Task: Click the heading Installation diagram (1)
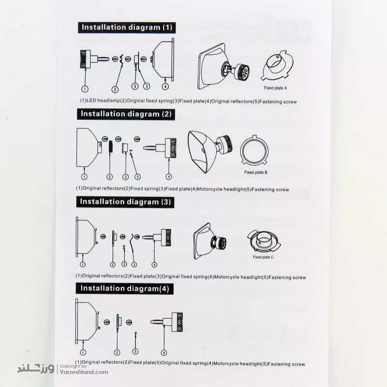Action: coord(127,28)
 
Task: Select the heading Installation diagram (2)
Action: coord(126,114)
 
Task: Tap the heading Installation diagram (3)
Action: coord(125,202)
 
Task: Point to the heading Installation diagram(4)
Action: coord(125,288)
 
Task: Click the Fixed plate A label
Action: coord(275,88)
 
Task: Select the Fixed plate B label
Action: coord(256,172)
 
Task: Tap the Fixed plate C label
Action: coord(263,257)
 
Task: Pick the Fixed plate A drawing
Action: coord(278,65)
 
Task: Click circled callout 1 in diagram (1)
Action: coord(85,89)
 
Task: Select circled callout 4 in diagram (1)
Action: coord(165,86)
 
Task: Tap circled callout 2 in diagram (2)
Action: coord(109,177)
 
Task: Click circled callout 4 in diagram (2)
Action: coord(168,177)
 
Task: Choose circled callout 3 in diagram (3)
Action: coord(134,265)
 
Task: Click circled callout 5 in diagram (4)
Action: coord(135,352)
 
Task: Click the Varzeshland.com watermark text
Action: coord(84,372)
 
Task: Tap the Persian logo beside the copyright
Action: coord(36,369)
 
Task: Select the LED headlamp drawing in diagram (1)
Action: coord(94,59)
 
